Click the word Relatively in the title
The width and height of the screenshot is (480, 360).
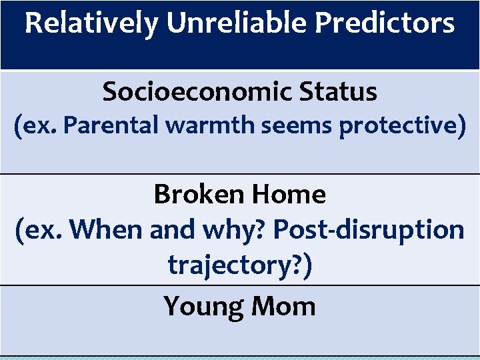[92, 24]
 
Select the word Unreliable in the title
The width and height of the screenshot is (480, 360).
[237, 24]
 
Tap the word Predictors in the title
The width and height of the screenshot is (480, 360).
[385, 24]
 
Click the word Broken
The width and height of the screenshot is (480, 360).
[198, 195]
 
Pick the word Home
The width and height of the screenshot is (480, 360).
[289, 195]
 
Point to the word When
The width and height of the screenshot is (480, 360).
[107, 229]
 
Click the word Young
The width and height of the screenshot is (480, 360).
[203, 306]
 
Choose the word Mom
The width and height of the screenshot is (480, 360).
[284, 306]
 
